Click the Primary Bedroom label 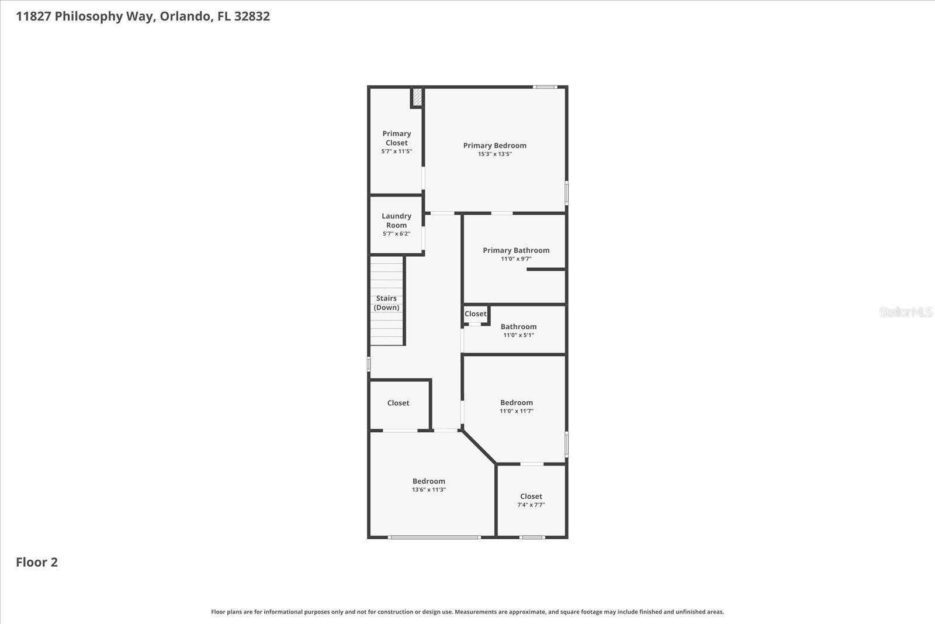pos(494,146)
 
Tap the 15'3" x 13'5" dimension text pos(494,154)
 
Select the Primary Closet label pos(397,138)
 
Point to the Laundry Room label pos(396,220)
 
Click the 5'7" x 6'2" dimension pos(396,234)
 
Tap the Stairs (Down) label pos(386,303)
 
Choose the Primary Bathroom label pos(516,250)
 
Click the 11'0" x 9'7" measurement pos(516,259)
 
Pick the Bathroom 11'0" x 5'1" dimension pos(518,335)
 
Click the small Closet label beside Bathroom pos(475,314)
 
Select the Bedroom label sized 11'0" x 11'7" pos(517,402)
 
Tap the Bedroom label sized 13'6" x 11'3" pos(429,481)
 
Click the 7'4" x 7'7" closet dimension pos(531,505)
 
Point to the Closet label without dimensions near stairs pos(398,403)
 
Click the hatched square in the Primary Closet pos(417,97)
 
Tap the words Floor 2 pos(37,562)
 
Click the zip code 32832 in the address pos(252,16)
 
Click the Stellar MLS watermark pos(905,312)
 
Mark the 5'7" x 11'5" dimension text pos(397,151)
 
